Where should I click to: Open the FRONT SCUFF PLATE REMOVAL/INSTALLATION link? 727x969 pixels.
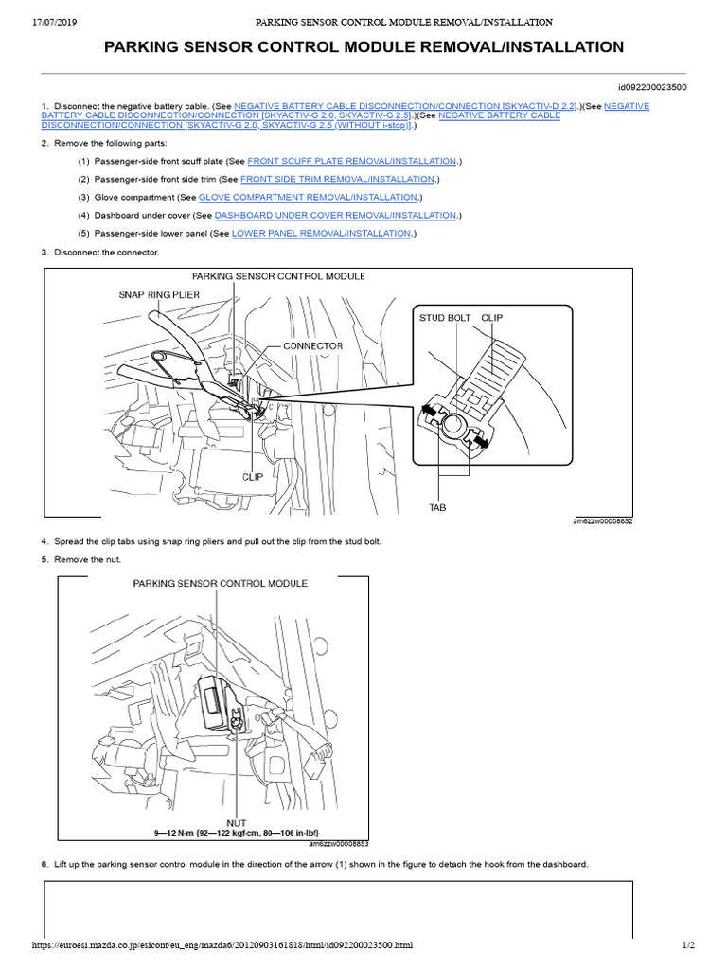(352, 162)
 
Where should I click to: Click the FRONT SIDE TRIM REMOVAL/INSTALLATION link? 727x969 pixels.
(338, 179)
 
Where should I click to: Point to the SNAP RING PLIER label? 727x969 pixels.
(157, 294)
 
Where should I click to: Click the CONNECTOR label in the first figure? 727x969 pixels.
(312, 346)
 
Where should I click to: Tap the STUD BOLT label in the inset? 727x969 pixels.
(445, 318)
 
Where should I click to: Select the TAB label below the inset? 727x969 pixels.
(437, 507)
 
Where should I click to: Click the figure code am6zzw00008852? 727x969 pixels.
(602, 520)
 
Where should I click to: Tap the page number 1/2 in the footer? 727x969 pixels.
(688, 945)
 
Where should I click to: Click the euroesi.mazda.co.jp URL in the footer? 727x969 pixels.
(222, 945)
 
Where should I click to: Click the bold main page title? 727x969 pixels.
(363, 47)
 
